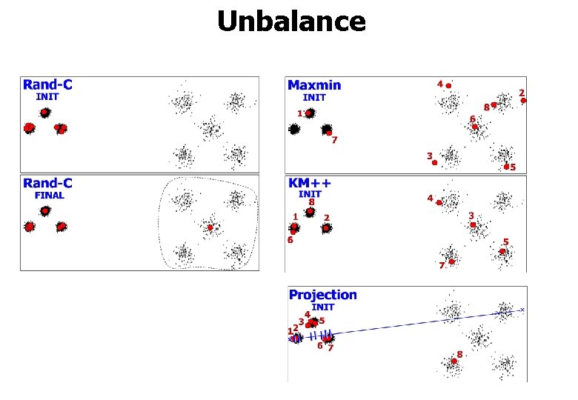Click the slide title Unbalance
[x=291, y=22]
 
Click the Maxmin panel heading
[x=314, y=86]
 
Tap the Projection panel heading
[x=322, y=295]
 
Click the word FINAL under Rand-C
[x=49, y=196]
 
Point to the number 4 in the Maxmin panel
[x=439, y=84]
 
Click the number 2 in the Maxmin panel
[x=522, y=93]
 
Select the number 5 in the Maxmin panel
[x=513, y=167]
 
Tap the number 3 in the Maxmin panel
[x=429, y=156]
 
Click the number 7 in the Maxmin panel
[x=335, y=140]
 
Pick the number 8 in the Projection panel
[x=459, y=354]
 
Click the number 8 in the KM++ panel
[x=311, y=201]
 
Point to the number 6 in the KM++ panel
[x=290, y=240]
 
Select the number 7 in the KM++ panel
[x=441, y=264]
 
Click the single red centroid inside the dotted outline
[x=210, y=228]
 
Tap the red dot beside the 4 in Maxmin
[x=448, y=86]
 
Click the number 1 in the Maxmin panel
[x=299, y=113]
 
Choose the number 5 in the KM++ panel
[x=505, y=241]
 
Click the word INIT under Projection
[x=323, y=307]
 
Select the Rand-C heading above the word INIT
[x=47, y=85]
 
